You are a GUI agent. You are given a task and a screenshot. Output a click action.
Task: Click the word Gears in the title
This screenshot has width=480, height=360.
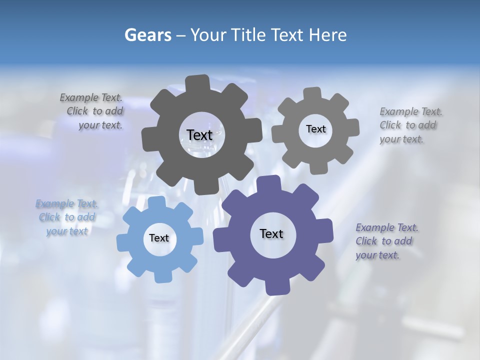(148, 35)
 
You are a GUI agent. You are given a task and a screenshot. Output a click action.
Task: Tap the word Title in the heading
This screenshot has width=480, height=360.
(248, 35)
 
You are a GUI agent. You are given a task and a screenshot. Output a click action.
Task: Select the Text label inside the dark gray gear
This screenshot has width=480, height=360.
(199, 135)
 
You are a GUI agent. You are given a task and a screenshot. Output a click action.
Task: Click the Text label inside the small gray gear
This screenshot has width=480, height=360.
(315, 129)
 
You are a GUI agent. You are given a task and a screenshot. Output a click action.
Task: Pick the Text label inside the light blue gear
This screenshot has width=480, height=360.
(159, 238)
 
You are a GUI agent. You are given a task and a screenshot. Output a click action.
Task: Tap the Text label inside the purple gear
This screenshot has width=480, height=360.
(271, 233)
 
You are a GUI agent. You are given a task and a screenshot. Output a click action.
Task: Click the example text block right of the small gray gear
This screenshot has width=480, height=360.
(410, 125)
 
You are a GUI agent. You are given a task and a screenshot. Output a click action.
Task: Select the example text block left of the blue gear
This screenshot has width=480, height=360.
(66, 217)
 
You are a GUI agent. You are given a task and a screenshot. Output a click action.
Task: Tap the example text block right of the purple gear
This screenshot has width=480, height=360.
(386, 241)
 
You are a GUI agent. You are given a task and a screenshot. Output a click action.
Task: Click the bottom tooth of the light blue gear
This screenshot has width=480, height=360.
(161, 274)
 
